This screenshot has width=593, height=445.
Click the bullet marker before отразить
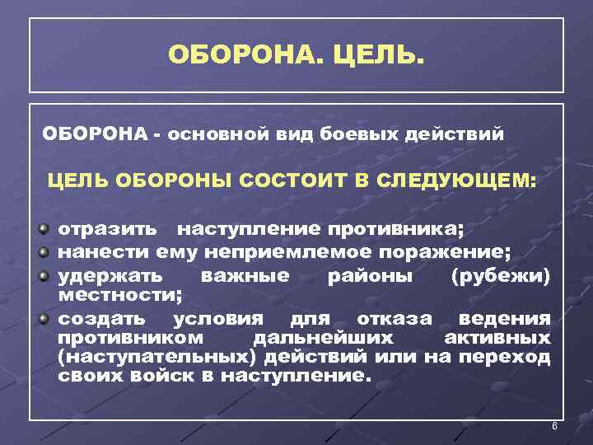pyautogui.click(x=44, y=226)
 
